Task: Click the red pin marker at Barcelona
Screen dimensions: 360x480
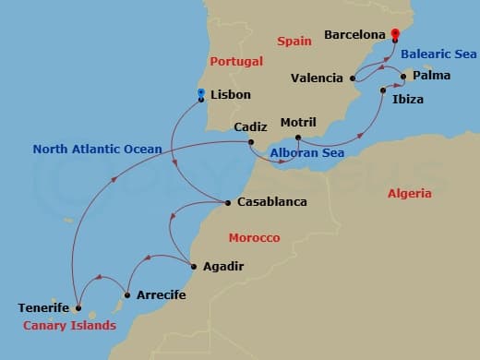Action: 394,34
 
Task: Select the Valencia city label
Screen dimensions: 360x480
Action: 317,78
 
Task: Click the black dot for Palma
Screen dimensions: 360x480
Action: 403,77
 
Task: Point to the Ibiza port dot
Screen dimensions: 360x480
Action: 383,90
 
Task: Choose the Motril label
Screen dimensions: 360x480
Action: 297,123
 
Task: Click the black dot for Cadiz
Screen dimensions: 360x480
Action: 252,141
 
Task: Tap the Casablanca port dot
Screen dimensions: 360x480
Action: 228,202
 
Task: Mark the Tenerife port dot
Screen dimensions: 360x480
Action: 78,308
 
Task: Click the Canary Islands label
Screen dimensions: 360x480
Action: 70,325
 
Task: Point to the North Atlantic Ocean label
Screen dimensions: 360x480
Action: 97,149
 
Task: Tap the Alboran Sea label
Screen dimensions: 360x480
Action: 306,153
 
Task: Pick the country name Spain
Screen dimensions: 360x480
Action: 295,42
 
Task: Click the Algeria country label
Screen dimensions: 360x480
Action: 409,194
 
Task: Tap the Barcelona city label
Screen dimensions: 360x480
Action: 354,35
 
